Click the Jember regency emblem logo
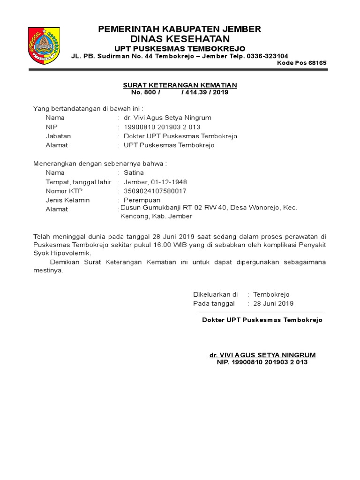(x=44, y=45)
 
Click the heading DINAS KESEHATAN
(x=180, y=38)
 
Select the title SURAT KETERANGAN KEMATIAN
(x=180, y=85)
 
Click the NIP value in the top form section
(x=162, y=127)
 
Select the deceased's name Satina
(x=134, y=172)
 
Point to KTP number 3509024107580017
(x=155, y=191)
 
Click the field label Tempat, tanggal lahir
(x=78, y=182)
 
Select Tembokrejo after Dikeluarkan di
(x=271, y=294)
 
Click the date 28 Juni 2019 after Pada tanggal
(x=273, y=303)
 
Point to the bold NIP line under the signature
(x=262, y=362)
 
